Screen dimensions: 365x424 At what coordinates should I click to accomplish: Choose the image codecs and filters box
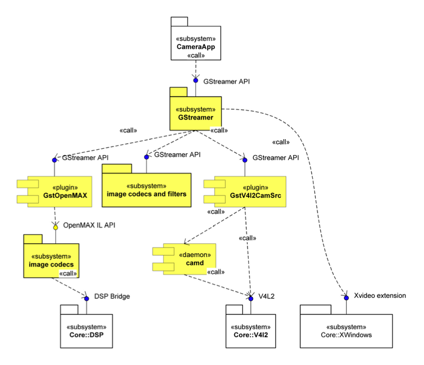coord(146,190)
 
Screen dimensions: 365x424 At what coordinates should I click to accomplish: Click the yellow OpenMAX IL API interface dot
coord(54,224)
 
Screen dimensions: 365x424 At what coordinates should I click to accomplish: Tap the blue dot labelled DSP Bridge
coord(85,296)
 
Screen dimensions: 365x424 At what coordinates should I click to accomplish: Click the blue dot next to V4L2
coord(250,296)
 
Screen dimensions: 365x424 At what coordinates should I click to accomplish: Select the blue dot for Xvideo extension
coord(346,296)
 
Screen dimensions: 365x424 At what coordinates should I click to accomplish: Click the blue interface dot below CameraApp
coord(196,81)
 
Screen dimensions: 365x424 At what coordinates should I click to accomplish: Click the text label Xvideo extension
coord(379,296)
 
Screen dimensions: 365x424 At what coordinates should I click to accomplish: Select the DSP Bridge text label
coord(112,296)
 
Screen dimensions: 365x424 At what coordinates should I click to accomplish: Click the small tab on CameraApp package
coord(179,21)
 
